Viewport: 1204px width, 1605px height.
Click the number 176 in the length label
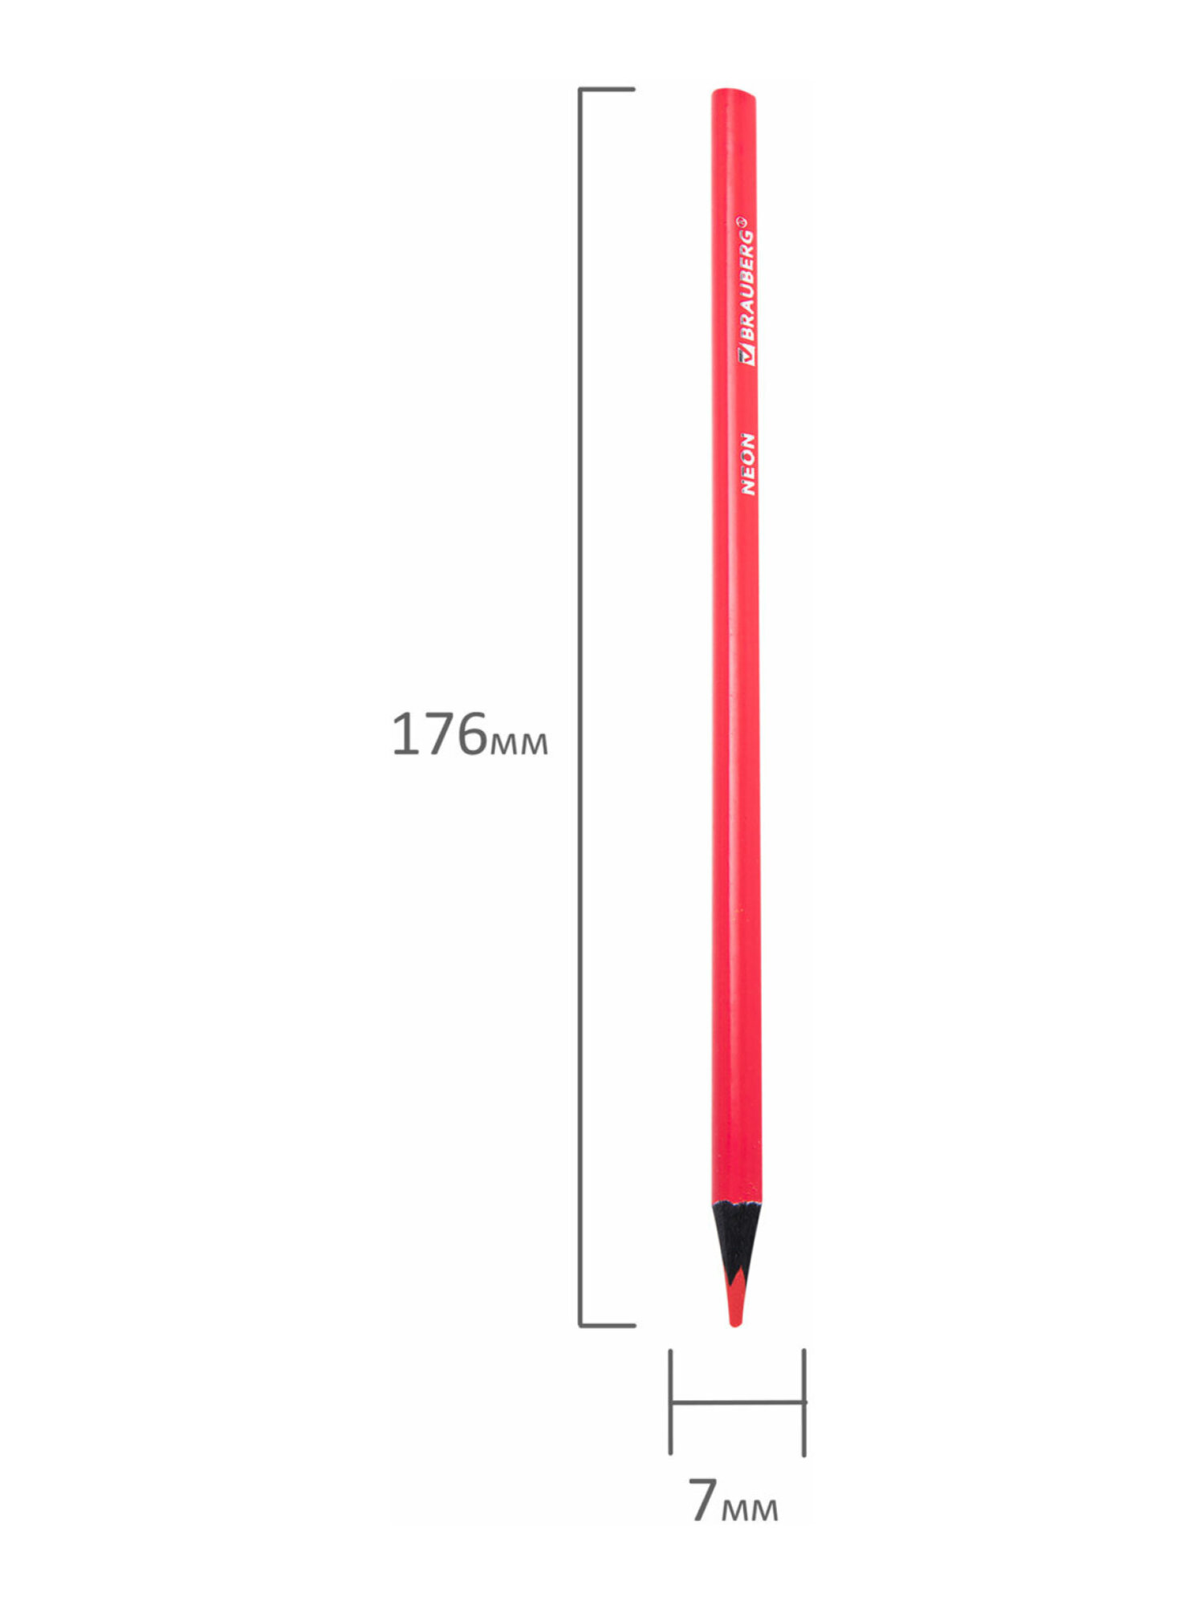(439, 734)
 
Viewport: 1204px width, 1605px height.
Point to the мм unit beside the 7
(749, 1509)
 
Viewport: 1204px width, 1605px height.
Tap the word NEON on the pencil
(747, 464)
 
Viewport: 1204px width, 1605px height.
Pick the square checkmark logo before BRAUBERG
(746, 356)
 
